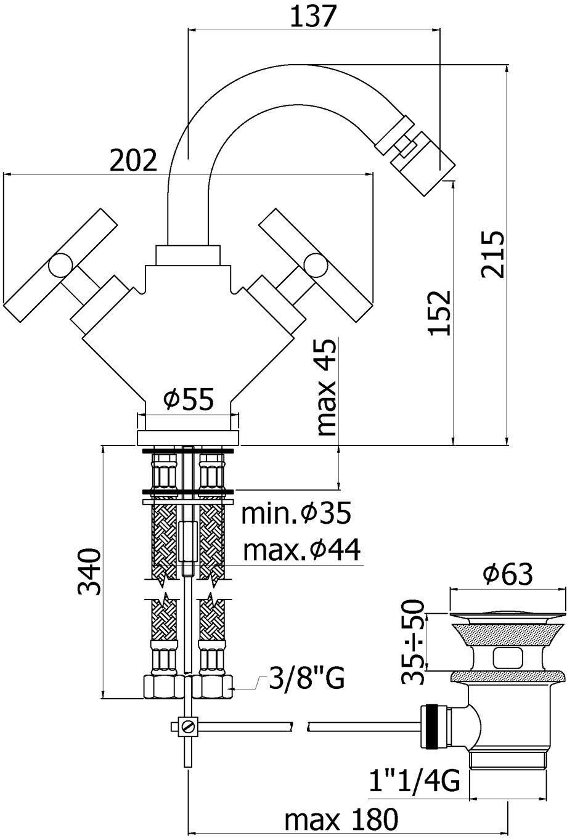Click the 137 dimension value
[311, 16]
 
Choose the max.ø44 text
[301, 550]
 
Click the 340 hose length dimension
[89, 572]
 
